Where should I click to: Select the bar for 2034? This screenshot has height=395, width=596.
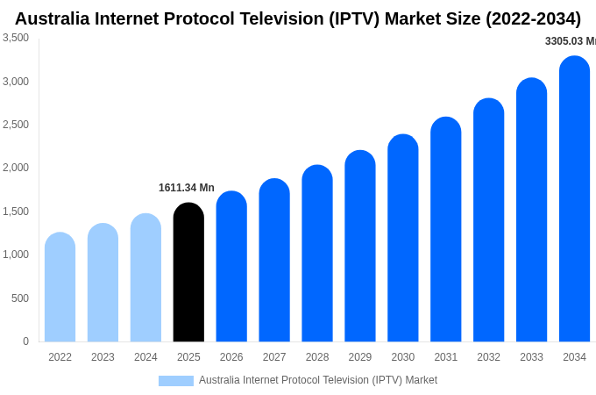coord(574,199)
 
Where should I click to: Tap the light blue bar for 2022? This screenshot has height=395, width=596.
coord(60,287)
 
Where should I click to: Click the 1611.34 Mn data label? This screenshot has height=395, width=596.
coord(187,188)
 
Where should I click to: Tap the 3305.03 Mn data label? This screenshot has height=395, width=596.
coord(570,41)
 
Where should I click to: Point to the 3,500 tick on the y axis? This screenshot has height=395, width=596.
coord(16,38)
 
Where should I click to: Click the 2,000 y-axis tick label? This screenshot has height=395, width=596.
coord(16,168)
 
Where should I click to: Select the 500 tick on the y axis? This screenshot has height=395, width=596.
coord(20,298)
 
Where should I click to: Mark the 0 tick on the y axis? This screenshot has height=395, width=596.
coord(25,341)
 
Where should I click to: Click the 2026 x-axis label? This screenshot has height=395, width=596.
coord(231,357)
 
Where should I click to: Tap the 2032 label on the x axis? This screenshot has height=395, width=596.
coord(488,357)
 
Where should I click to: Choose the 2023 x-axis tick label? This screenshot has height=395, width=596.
coord(103,357)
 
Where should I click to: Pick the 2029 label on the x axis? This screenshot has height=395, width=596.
coord(359,357)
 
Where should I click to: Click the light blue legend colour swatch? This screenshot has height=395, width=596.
coord(176,381)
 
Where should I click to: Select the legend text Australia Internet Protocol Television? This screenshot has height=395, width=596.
coord(317,380)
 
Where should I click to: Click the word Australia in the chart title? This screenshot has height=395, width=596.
coord(55,18)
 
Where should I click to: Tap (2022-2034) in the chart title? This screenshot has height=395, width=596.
coord(533,18)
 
